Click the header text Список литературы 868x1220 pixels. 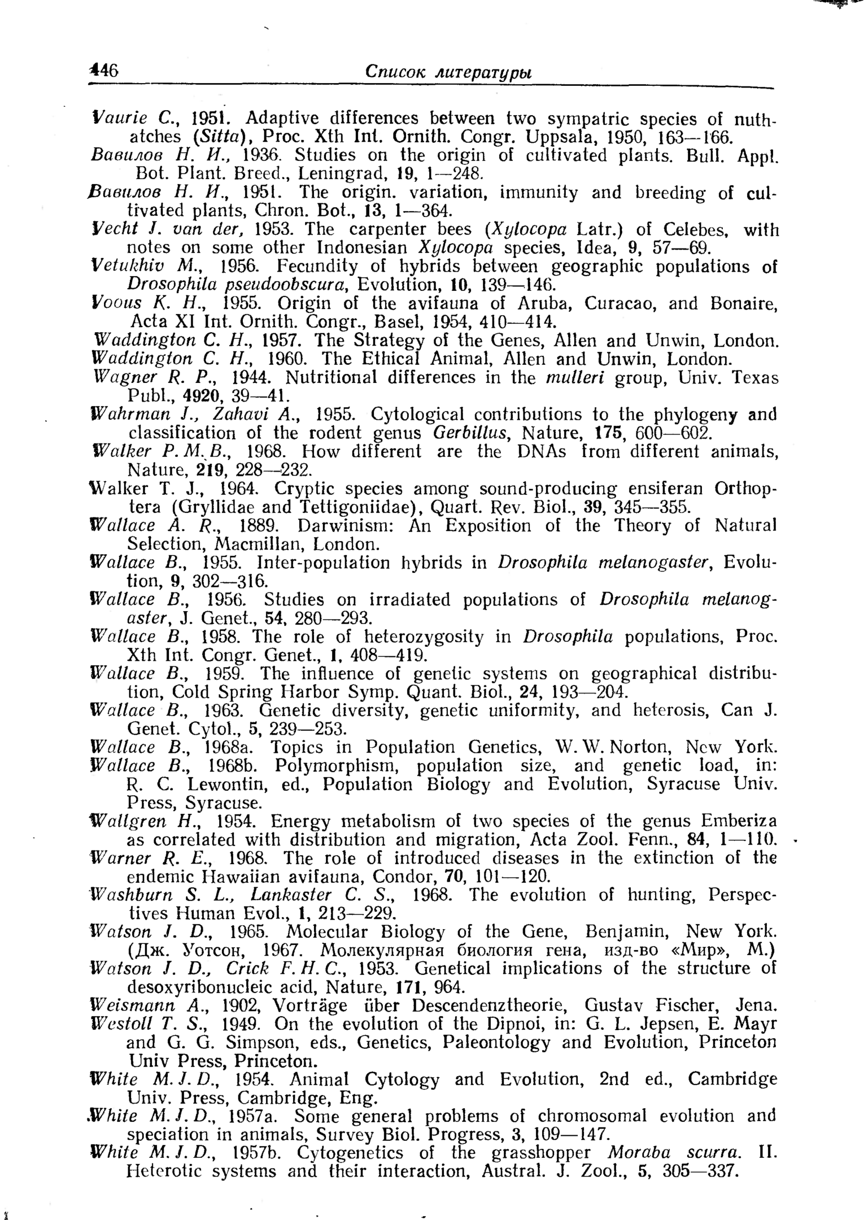pyautogui.click(x=448, y=72)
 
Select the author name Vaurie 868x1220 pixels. pyautogui.click(x=119, y=118)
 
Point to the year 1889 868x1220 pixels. pyautogui.click(x=257, y=525)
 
